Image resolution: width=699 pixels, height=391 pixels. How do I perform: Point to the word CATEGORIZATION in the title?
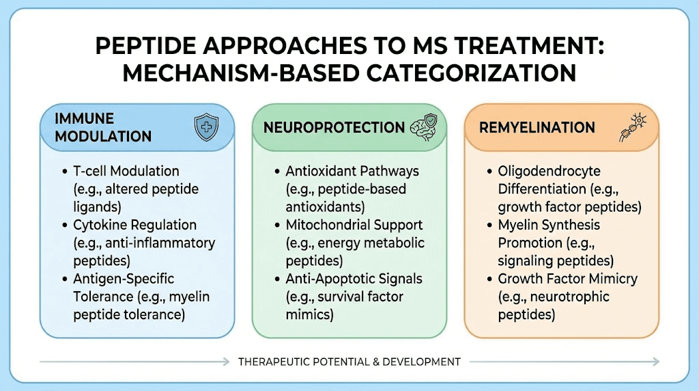(x=473, y=72)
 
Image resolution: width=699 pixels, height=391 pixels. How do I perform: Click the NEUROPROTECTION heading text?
(x=334, y=127)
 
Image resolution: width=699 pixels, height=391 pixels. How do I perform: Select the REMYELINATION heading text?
(x=536, y=127)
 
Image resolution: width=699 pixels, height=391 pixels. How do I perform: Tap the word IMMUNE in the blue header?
(x=85, y=119)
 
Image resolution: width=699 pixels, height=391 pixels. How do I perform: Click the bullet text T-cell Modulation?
(x=126, y=171)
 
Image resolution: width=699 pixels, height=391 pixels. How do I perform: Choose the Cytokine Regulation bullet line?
(x=134, y=225)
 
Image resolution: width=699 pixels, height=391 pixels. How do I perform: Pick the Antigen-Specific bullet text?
(x=124, y=279)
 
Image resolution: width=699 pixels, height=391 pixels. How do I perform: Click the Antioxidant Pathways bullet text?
(x=352, y=171)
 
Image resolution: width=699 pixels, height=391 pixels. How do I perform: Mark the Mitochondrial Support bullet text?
(x=354, y=225)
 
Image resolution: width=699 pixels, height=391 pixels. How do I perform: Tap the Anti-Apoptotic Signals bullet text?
(x=354, y=279)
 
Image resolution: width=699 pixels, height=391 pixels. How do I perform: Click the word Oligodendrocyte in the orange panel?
(x=549, y=171)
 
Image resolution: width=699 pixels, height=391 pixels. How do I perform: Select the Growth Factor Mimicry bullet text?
(x=567, y=279)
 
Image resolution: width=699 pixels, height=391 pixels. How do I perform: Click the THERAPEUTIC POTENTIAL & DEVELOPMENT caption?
(x=349, y=362)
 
